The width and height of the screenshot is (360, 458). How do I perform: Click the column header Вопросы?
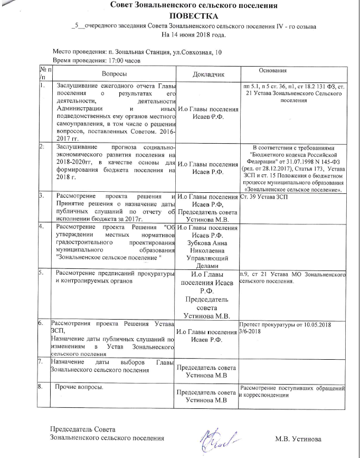click(113, 74)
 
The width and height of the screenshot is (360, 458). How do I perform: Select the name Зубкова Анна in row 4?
click(207, 243)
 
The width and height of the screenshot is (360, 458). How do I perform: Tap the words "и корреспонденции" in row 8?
click(264, 395)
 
